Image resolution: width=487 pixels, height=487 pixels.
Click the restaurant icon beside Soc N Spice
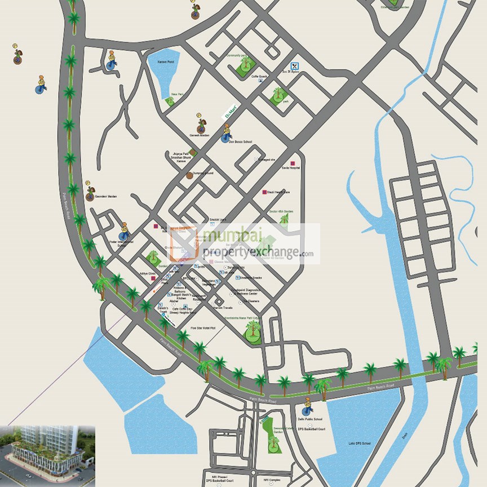pos(294,65)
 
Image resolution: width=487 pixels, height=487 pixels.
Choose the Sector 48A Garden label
pos(281,211)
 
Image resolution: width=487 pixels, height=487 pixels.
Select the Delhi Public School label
pos(310,419)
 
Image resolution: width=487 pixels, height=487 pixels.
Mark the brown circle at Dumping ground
pos(190,175)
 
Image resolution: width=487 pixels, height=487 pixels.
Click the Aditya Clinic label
pos(148,274)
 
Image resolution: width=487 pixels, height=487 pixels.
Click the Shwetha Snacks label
pos(252,277)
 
